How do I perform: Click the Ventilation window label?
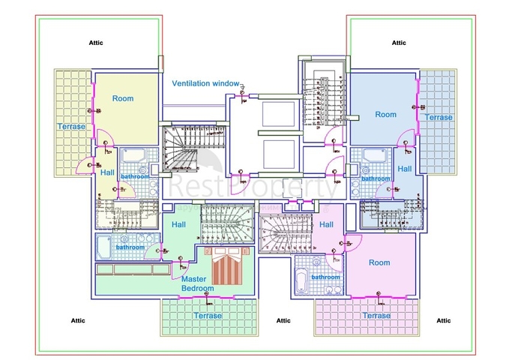[x=205, y=83]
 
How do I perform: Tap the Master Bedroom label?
[x=197, y=283]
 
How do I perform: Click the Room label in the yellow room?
[x=123, y=98]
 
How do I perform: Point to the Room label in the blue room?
[x=385, y=115]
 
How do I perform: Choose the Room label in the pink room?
[x=379, y=262]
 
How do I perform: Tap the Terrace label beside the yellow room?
[x=71, y=127]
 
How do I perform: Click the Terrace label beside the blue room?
[x=439, y=117]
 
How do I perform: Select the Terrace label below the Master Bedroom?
[x=207, y=316]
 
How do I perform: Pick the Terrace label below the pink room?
[x=376, y=316]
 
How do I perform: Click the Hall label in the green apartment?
[x=178, y=224]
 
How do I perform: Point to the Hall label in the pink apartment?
[x=326, y=224]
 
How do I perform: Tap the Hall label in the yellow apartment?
[x=106, y=172]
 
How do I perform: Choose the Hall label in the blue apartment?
[x=405, y=169]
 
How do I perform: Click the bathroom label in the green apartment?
[x=130, y=247]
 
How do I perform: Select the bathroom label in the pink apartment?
[x=326, y=277]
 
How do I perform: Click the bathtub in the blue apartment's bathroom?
[x=373, y=155]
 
